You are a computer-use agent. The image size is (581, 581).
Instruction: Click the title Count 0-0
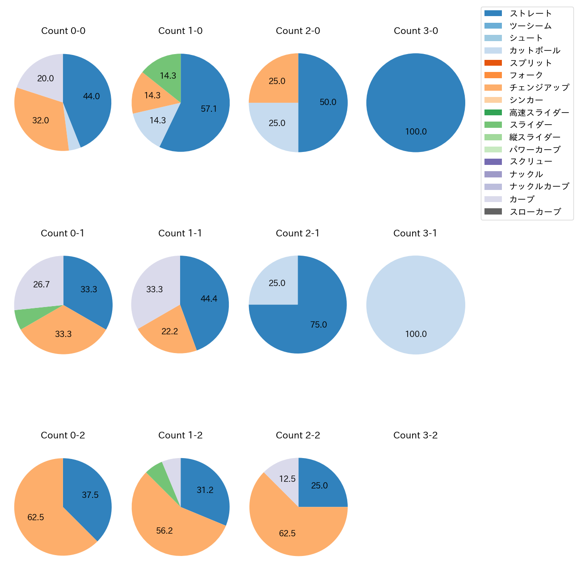coord(63,31)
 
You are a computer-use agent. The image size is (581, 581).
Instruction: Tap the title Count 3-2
coord(415,435)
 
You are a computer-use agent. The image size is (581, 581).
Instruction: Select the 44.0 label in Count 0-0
coord(91,96)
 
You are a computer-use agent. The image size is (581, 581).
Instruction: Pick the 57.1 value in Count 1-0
coord(209,109)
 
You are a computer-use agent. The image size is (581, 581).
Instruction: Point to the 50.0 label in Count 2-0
coord(328,102)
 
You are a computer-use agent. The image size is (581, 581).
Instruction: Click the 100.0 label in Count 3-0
coord(416,132)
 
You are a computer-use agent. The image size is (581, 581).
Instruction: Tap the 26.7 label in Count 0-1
coord(41,285)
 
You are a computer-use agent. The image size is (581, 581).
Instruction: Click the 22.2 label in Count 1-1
coord(169,331)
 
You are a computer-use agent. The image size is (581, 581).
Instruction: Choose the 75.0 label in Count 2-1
coord(318,325)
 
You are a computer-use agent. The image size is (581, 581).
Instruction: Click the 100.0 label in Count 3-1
coord(416,334)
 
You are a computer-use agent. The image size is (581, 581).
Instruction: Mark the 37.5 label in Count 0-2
coord(90,495)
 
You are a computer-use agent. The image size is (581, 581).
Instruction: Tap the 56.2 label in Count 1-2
coord(164,531)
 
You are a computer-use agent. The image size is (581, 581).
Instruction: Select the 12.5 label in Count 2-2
coord(287,479)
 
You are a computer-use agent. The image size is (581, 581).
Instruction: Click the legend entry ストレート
coord(530,13)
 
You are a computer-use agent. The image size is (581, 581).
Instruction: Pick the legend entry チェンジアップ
coord(539,88)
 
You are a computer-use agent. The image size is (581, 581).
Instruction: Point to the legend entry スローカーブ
coord(535,212)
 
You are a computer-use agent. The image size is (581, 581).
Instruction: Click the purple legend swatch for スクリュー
coord(493,162)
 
